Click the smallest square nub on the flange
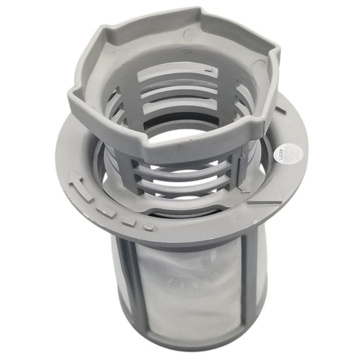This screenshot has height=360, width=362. coord(145,224)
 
